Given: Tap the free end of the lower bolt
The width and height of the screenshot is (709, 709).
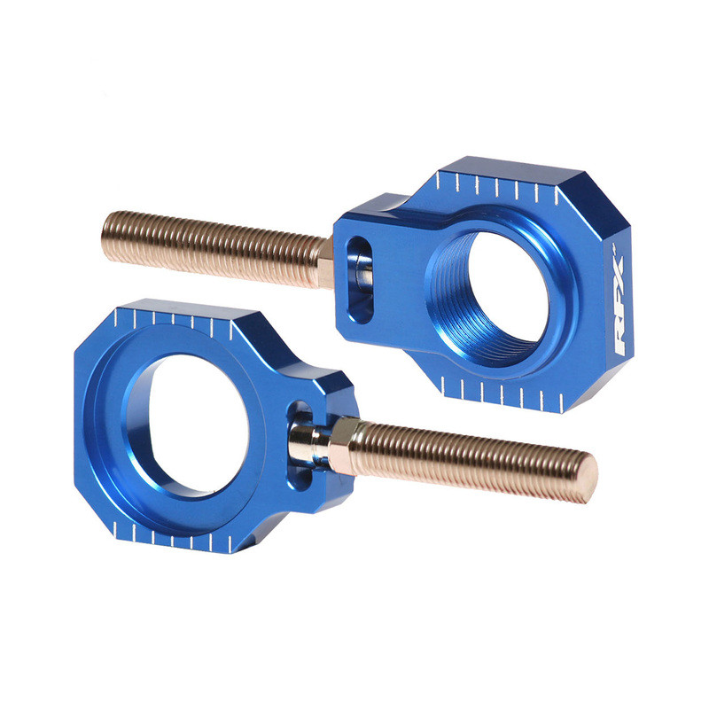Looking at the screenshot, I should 585,474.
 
